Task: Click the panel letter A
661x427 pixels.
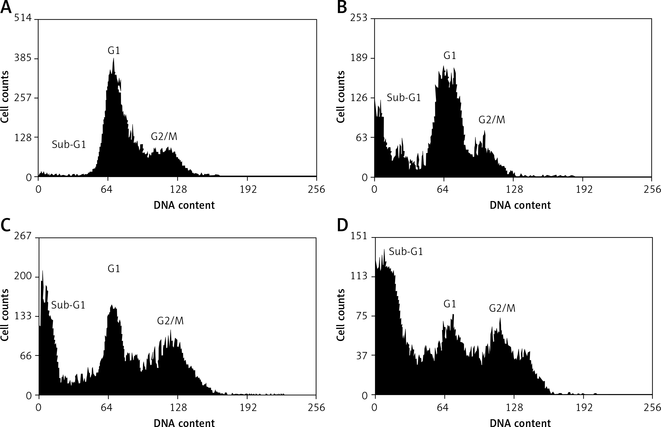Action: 6,8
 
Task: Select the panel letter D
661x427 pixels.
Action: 343,225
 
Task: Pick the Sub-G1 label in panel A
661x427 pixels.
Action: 69,145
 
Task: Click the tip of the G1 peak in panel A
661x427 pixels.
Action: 113,59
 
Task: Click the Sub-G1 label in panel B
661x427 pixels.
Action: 404,98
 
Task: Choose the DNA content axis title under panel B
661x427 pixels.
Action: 520,205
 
